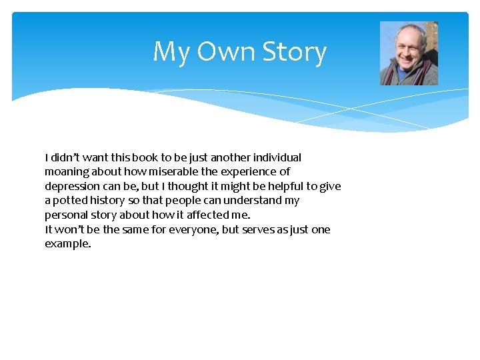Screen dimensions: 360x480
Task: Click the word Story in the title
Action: point(294,52)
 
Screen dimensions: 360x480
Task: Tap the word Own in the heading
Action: point(227,52)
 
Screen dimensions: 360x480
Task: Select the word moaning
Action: point(67,172)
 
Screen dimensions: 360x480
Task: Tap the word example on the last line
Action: point(67,244)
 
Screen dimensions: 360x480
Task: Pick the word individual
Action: point(275,158)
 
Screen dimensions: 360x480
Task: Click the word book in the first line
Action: point(145,158)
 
